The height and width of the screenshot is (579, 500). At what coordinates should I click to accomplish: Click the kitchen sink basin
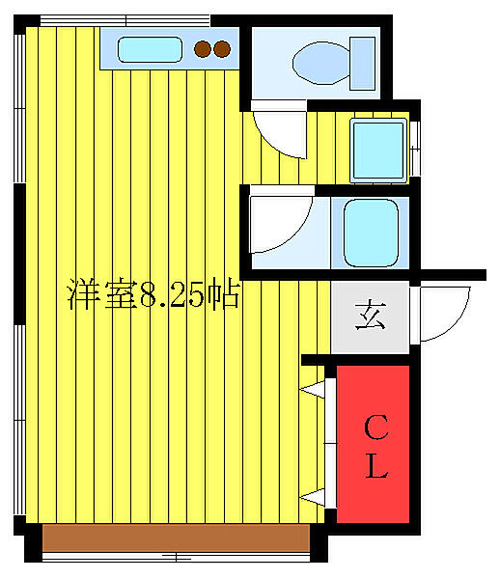coord(151,47)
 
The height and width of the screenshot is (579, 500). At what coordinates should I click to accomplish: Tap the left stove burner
coord(204,47)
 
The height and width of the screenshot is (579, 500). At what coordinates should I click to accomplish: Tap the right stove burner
coord(222,47)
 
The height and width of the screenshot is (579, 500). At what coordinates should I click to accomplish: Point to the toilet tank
coord(363,61)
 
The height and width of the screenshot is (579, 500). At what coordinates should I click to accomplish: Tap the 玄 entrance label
coord(371,316)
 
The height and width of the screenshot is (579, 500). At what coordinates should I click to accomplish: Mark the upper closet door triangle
coord(314,389)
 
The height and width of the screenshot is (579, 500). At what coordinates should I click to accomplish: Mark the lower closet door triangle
coord(314,496)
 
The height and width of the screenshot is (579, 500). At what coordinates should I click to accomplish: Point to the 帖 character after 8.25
coord(228,295)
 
